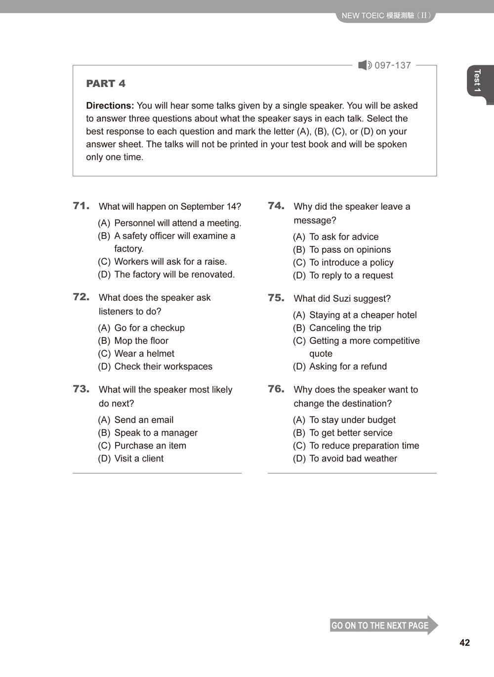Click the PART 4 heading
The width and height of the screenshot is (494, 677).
coord(106,84)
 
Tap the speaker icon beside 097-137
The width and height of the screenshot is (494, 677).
coord(365,65)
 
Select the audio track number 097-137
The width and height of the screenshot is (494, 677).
coord(393,65)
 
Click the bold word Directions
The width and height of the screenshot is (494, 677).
coord(110,105)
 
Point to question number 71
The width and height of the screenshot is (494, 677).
coord(81,206)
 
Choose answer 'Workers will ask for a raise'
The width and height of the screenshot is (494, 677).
coord(170,262)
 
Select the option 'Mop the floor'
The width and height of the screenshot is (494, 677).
coord(141,341)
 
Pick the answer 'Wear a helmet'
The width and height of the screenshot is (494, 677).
coord(144,354)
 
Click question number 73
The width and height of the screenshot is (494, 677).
coord(81,389)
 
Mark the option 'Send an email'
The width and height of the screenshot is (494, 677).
coord(143,420)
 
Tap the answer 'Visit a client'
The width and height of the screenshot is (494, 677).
coord(138,458)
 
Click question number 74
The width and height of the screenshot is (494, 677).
coord(276,206)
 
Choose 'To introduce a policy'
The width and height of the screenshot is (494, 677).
coord(351,263)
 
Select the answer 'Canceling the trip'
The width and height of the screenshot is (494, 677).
coord(345,328)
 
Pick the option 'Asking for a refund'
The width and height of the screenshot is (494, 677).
coord(348,366)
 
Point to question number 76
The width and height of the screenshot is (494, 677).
coord(276,389)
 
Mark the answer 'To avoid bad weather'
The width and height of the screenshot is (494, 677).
coord(353,458)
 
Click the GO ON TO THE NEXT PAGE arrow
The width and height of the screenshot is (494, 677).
coord(383,625)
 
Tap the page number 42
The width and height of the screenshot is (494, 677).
coord(464,643)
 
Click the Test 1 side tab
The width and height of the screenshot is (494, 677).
coord(477,81)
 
